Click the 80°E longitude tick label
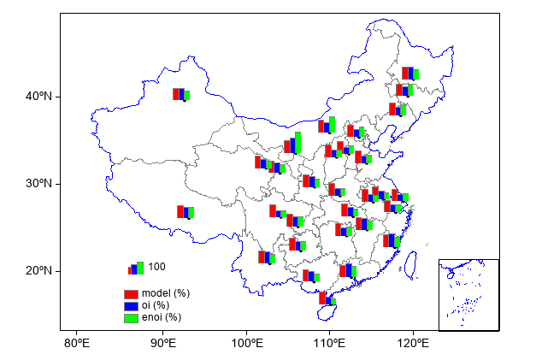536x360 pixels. coord(77,344)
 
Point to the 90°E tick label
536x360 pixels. coord(162,344)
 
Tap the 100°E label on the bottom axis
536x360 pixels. coord(246,344)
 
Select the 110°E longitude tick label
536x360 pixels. coord(330,344)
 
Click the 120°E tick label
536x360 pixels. coord(414,344)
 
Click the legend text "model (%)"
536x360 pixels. coord(166,293)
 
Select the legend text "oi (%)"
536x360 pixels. coord(156,305)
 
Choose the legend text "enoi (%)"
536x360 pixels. coord(162,317)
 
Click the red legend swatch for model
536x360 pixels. coord(131,293)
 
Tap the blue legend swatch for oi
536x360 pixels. coord(131,305)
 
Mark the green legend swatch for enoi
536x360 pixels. coord(131,317)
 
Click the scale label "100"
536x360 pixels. coord(156,267)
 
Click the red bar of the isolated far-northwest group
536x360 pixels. coord(176,94)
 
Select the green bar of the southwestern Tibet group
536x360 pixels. coord(191,212)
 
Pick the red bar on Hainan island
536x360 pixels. coord(322,298)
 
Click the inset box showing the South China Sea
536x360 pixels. coord(468,293)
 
